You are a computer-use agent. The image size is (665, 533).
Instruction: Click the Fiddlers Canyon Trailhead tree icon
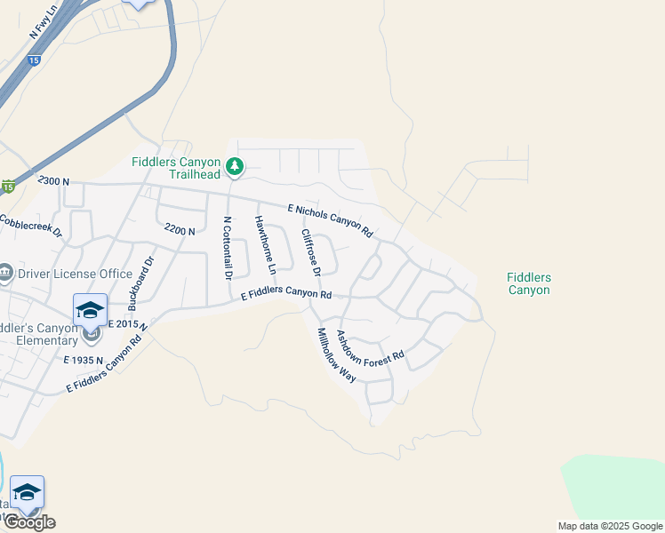point(235,166)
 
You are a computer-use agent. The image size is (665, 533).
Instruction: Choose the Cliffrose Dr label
point(309,252)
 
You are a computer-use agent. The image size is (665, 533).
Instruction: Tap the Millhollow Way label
point(337,355)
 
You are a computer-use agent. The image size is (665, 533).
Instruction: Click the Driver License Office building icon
point(5,272)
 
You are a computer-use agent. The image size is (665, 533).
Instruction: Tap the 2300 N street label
point(53,180)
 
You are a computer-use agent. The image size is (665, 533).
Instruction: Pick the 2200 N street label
point(180,230)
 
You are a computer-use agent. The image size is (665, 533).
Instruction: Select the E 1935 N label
point(84,360)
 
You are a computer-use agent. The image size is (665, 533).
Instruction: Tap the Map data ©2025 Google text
point(609,526)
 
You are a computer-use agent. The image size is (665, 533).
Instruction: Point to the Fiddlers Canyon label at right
point(528,284)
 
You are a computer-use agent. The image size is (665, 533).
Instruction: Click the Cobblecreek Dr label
point(31,227)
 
